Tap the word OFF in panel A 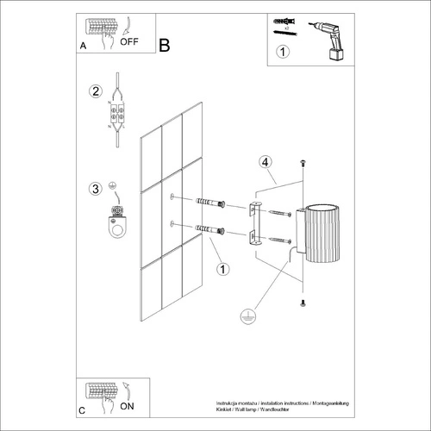tap(129, 41)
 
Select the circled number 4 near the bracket tap(266, 161)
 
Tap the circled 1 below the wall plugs tap(223, 270)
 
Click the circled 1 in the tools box tap(283, 52)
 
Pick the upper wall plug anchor tap(211, 203)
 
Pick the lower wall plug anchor tap(211, 230)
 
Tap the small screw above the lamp tap(303, 164)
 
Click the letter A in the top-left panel tap(82, 44)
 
